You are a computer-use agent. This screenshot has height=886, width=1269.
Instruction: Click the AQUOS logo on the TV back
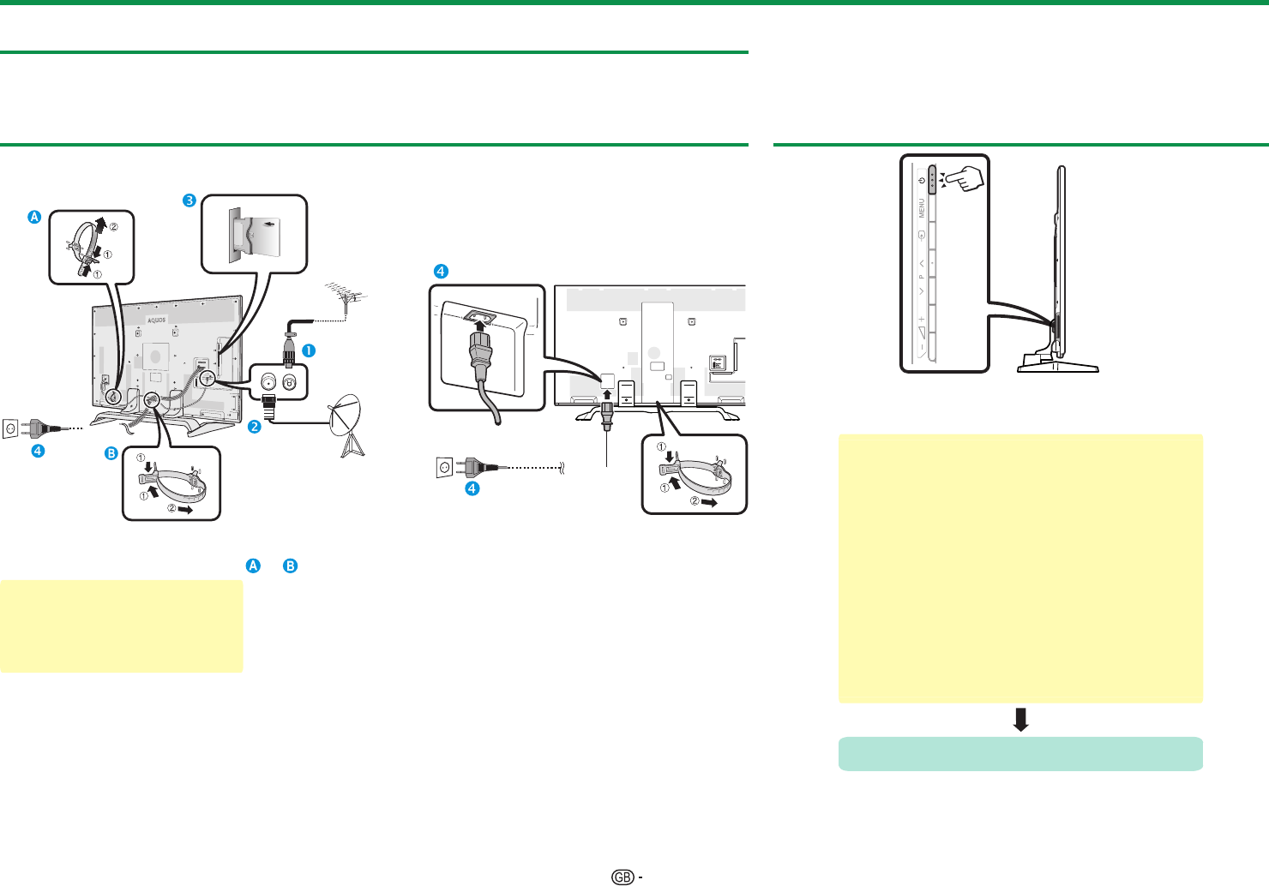156,320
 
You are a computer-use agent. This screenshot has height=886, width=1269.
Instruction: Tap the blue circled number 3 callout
189,201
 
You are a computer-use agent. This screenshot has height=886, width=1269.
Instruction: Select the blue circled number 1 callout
308,350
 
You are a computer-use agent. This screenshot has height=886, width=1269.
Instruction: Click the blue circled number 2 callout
255,426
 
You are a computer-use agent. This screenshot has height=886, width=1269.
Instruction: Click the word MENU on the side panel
922,207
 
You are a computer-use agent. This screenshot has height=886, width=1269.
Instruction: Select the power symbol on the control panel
921,180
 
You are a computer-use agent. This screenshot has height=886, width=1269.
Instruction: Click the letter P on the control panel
922,277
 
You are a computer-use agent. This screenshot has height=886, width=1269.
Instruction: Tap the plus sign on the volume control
922,319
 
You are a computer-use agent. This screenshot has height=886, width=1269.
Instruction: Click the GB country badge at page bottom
623,877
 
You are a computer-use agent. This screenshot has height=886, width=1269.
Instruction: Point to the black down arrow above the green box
1020,719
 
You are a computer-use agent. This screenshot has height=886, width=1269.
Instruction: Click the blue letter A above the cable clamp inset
34,217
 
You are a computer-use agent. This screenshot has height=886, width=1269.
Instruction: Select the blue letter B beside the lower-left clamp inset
111,453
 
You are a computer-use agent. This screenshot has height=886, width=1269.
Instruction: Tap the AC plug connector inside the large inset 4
480,351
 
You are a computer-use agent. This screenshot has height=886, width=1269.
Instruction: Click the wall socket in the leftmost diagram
11,426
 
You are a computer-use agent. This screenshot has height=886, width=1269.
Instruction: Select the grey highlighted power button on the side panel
931,179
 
